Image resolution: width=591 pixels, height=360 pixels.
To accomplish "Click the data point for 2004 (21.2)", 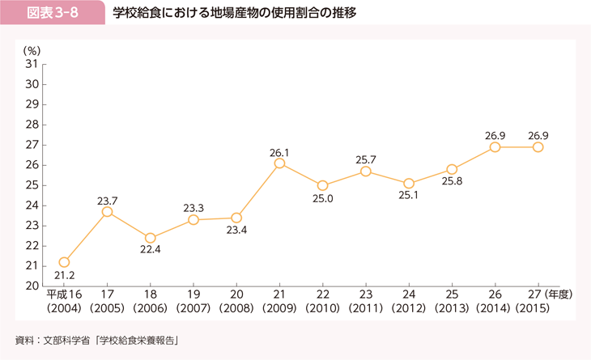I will [64, 262].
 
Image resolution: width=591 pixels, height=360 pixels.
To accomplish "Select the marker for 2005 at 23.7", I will [107, 212].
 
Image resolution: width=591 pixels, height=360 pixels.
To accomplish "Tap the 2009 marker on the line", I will [279, 163].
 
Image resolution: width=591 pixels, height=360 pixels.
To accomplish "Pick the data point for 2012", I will [409, 184].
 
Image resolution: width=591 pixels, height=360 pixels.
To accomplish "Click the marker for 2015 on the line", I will [538, 147].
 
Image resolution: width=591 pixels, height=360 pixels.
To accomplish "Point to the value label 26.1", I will [279, 151].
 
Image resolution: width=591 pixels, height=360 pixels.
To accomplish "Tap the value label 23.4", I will [236, 231].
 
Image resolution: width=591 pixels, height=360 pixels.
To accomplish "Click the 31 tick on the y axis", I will [32, 64].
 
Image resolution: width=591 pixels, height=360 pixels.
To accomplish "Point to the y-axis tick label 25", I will [32, 185].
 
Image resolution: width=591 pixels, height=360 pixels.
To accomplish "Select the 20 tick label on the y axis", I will [32, 286].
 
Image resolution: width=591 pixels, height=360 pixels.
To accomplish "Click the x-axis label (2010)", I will [322, 308].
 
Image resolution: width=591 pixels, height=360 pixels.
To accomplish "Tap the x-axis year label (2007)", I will [193, 308].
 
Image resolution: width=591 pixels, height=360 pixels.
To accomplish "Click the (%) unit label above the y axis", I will [33, 50].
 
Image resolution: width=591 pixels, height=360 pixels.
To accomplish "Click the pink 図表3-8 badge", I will [53, 14].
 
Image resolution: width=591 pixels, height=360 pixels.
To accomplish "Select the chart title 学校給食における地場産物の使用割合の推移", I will [234, 14].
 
